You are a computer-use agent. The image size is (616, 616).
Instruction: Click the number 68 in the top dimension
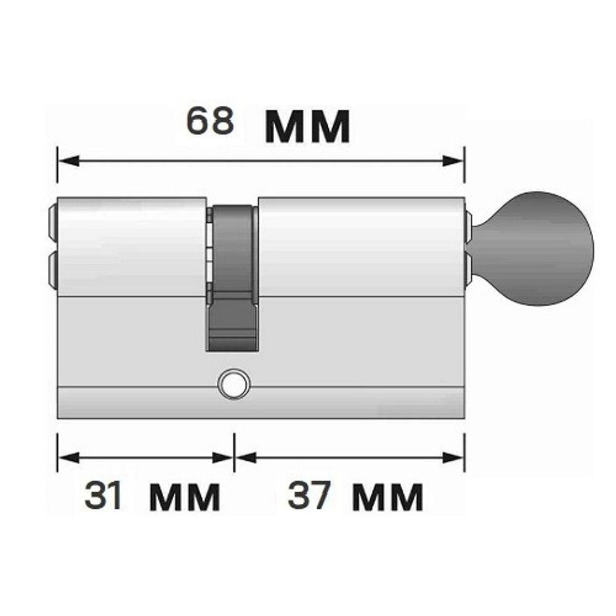tap(210, 121)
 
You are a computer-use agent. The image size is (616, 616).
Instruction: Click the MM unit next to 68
tap(307, 127)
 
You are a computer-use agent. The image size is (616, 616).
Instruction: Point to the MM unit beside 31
tap(184, 497)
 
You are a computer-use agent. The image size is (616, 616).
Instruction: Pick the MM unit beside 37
tap(387, 497)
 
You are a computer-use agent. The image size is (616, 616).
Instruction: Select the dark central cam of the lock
tap(232, 277)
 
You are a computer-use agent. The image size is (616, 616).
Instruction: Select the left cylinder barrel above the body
tap(131, 246)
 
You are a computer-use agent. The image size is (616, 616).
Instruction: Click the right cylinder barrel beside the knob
tap(361, 246)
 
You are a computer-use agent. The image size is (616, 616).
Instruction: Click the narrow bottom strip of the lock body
tap(259, 403)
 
